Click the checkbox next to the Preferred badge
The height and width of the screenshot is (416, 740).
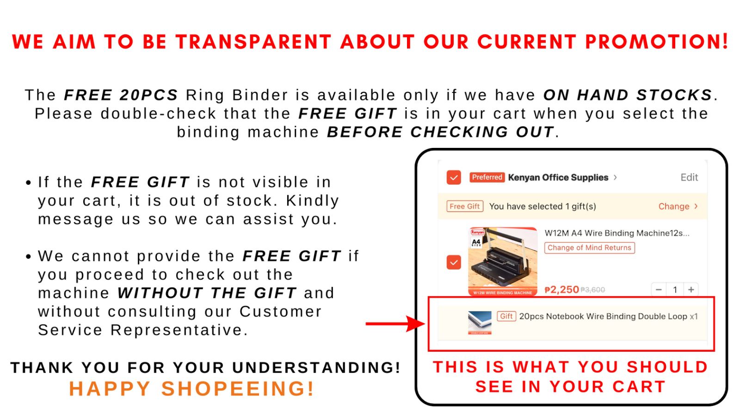click(454, 177)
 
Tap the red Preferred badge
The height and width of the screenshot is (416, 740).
click(487, 177)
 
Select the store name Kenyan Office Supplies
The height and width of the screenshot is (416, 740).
click(558, 177)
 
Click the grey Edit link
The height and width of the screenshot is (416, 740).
click(689, 177)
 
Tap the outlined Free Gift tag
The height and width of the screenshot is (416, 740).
click(465, 206)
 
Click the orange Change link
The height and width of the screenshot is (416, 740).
click(674, 206)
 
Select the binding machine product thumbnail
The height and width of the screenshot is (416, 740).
click(503, 261)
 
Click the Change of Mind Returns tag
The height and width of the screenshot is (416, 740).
click(589, 248)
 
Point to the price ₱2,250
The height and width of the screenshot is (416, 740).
click(561, 289)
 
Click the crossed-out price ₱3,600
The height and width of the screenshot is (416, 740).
click(592, 290)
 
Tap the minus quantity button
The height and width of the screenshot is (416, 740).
click(659, 289)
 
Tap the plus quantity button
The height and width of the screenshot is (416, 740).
click(691, 289)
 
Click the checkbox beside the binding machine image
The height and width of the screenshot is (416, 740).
click(454, 263)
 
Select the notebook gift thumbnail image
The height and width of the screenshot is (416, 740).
click(480, 323)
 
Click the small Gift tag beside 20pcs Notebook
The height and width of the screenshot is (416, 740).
click(506, 316)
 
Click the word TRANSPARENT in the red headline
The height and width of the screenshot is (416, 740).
click(253, 42)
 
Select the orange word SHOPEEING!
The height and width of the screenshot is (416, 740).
click(238, 388)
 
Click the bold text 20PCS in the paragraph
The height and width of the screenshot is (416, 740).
click(149, 95)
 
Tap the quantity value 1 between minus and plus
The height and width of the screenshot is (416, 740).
click(675, 289)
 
